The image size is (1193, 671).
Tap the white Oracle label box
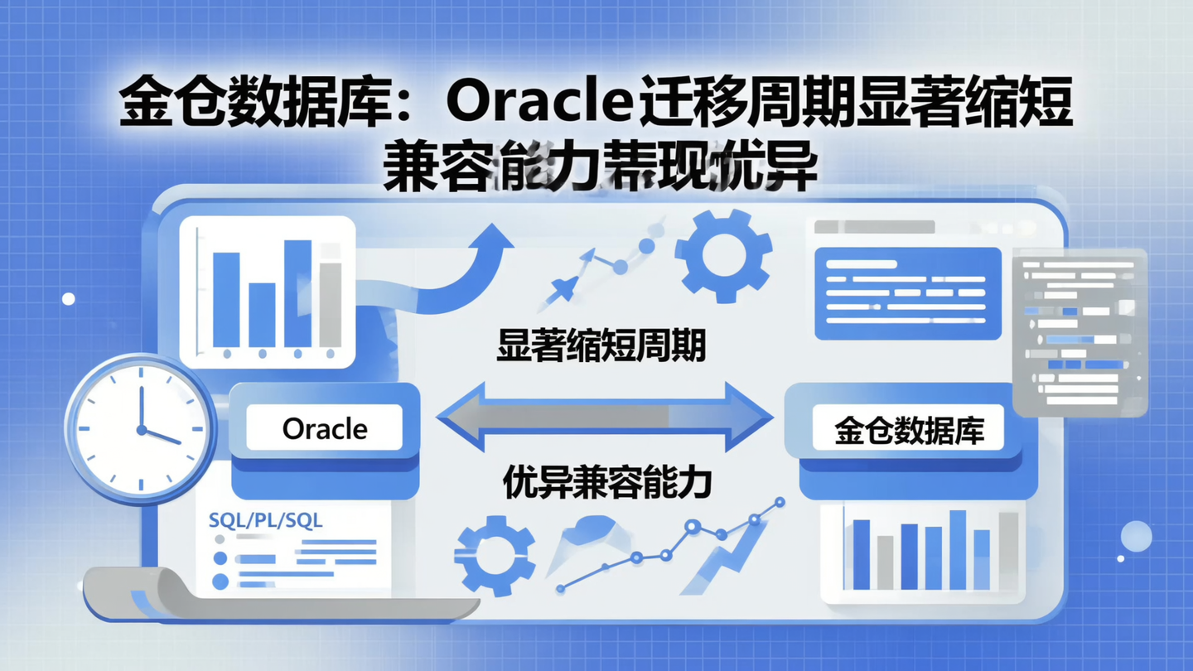[x=325, y=428]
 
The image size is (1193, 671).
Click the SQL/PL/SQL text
[x=266, y=520]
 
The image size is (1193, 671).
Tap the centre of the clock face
[x=141, y=430]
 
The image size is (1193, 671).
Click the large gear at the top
[x=723, y=254]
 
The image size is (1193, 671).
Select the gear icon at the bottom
[x=495, y=554]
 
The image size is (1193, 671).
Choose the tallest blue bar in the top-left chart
[x=297, y=292]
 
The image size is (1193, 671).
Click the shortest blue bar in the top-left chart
[x=262, y=315]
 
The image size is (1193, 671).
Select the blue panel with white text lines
[x=907, y=292]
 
